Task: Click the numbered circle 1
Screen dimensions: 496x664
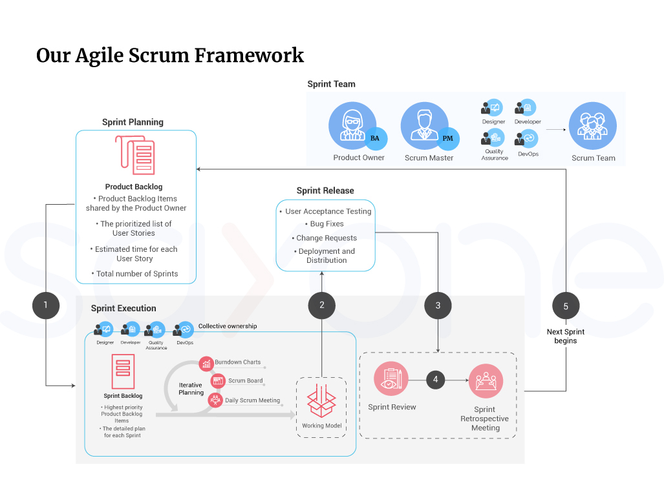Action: coord(46,305)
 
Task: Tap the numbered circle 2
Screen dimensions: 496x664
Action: coord(322,305)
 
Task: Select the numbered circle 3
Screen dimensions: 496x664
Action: coord(438,305)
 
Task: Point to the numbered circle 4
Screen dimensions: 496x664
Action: coord(435,380)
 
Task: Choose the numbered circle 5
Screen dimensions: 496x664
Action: coord(566,306)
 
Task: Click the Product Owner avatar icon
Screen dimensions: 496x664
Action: coord(352,125)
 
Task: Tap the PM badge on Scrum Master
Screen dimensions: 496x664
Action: coord(447,138)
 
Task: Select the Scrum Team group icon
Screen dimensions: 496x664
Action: coord(592,126)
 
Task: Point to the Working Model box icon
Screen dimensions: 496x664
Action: coord(321,401)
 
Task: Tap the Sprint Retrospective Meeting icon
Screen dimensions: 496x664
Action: coord(486,382)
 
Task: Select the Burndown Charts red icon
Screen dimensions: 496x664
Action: coord(206,364)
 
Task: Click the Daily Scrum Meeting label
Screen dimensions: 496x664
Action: coord(252,400)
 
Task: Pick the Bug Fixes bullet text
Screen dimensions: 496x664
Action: coord(327,224)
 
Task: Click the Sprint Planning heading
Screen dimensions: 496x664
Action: coord(133,122)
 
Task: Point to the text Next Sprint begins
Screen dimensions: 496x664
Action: coord(565,336)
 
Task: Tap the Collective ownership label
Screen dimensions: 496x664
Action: coord(227,326)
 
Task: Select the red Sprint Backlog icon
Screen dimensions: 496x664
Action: coord(122,370)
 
